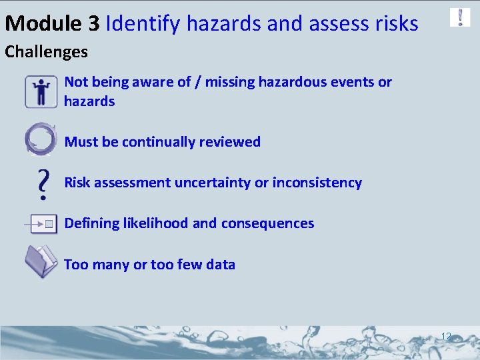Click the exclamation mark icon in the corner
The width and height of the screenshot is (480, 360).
click(x=460, y=17)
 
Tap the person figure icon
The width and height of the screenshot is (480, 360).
click(x=41, y=91)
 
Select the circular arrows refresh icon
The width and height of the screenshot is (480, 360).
click(x=40, y=139)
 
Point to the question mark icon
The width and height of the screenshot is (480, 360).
click(x=43, y=184)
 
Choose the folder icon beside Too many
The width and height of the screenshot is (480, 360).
click(x=41, y=261)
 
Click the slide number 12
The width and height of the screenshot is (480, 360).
click(x=446, y=337)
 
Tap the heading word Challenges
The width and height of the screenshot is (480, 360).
click(x=47, y=51)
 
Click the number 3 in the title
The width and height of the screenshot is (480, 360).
click(x=94, y=24)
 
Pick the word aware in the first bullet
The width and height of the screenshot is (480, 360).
click(x=155, y=82)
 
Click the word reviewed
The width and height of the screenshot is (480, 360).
click(x=229, y=142)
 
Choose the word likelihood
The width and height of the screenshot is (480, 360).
click(x=155, y=223)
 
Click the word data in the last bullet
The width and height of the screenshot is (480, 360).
click(x=221, y=265)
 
